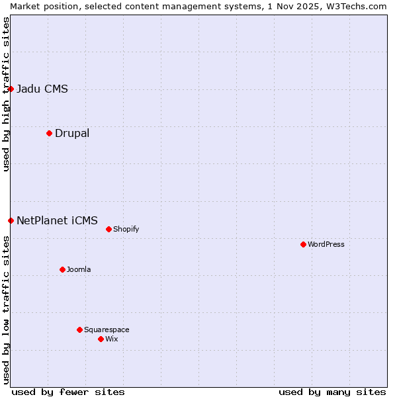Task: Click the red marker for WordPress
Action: click(x=303, y=244)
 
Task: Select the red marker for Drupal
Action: click(x=49, y=133)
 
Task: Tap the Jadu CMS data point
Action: click(x=11, y=89)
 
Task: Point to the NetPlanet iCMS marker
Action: click(x=11, y=220)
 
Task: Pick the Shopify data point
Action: click(x=109, y=229)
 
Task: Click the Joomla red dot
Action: click(x=62, y=269)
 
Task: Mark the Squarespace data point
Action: click(x=79, y=330)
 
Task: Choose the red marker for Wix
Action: click(x=101, y=339)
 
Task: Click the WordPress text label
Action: click(x=326, y=244)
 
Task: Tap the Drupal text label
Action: click(x=72, y=133)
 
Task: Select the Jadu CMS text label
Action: click(x=42, y=89)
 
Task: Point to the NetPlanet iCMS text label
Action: click(x=57, y=220)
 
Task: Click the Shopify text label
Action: click(x=126, y=229)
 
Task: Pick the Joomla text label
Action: click(x=79, y=269)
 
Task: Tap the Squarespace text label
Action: click(x=107, y=330)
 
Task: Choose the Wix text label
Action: click(x=112, y=339)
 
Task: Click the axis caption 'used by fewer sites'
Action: click(x=68, y=392)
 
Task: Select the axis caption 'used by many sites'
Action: click(x=332, y=392)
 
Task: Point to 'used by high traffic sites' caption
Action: click(x=6, y=94)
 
